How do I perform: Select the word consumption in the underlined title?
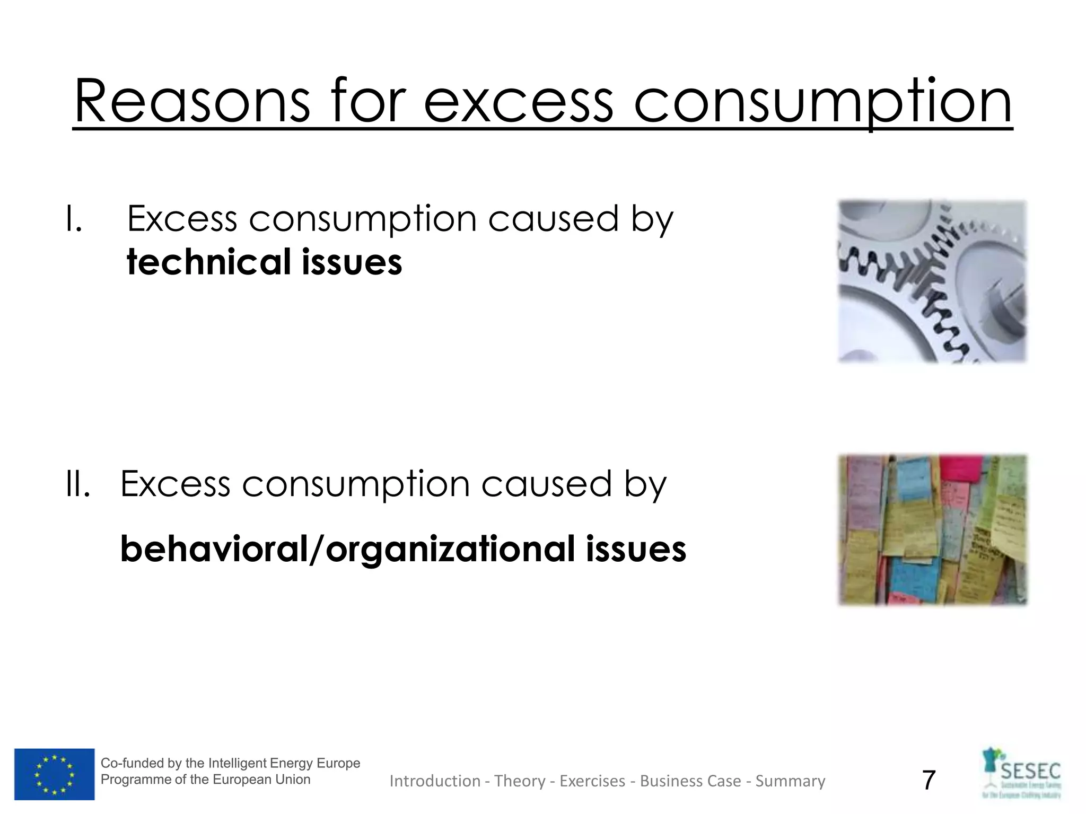822,102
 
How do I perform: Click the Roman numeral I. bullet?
74,219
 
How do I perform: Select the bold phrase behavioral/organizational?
347,549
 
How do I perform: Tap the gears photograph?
932,281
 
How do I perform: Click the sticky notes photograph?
932,530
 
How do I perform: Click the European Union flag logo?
54,774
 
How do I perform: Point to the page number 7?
929,780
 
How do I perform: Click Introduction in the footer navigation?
435,781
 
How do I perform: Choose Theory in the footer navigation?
520,781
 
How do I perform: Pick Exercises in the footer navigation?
592,781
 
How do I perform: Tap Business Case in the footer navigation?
690,781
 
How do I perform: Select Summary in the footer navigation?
790,781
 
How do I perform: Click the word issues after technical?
352,262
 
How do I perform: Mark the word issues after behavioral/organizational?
636,549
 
